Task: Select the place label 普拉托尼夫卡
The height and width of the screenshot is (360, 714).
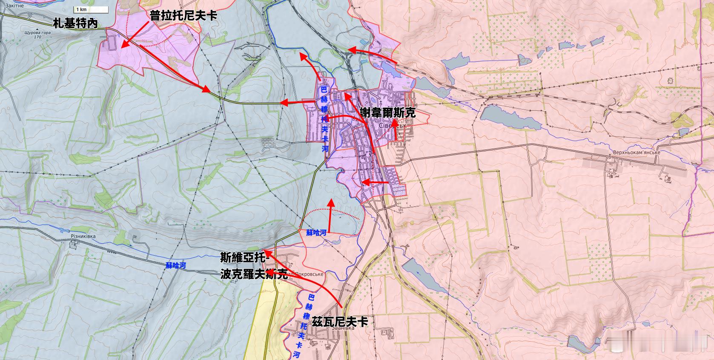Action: point(184,16)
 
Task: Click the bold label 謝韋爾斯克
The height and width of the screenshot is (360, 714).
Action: point(387,113)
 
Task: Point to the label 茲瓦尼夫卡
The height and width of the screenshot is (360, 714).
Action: point(340,321)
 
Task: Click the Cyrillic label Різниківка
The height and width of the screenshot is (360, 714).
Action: point(83,236)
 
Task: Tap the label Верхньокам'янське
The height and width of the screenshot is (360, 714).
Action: point(637,152)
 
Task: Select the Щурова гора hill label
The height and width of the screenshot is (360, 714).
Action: point(37,35)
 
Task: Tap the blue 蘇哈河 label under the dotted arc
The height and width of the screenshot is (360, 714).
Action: point(316,233)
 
